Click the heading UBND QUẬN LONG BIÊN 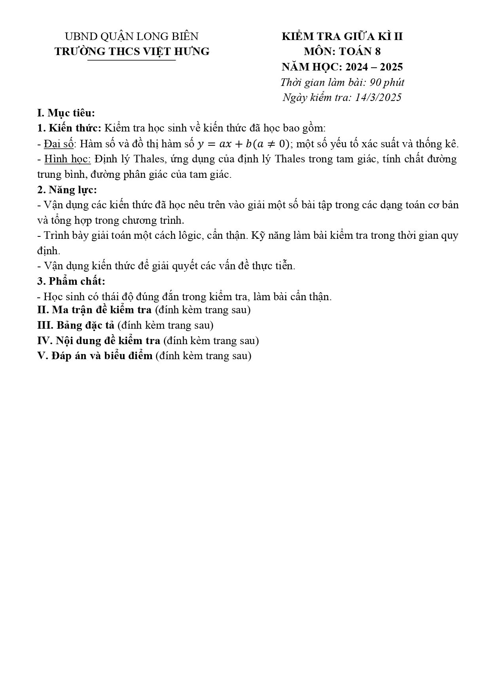point(131,36)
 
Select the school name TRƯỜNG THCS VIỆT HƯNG point(132,51)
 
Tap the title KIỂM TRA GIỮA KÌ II point(342,36)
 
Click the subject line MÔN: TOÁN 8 point(342,51)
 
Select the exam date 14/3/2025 point(378,97)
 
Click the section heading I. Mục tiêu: point(66,113)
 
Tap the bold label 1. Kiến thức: point(70,128)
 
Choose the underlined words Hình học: point(68,159)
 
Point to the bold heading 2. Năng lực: point(67,190)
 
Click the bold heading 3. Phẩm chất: point(71,282)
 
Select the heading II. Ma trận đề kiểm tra point(94,310)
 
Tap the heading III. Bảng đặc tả point(76,325)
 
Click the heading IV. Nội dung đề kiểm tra point(99,341)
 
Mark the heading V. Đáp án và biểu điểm point(95,356)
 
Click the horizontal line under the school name point(131,61)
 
